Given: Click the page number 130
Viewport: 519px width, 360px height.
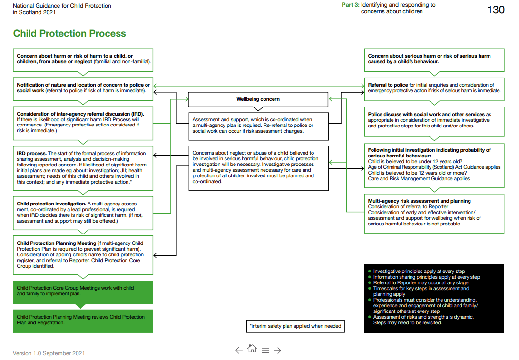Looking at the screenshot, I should point(496,10).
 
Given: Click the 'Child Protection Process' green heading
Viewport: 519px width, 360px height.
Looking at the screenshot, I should point(69,34).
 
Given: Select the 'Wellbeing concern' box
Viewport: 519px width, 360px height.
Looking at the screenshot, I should point(258,99).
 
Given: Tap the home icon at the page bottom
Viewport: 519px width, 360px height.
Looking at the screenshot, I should point(252,349).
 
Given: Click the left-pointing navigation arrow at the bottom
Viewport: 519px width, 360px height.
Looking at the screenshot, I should point(239,350).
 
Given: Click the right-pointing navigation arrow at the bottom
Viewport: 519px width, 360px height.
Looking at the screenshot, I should point(278,350).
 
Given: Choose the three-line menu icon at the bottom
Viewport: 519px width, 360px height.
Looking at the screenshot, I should point(265,350).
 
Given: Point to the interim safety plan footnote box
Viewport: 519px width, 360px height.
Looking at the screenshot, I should point(295,326).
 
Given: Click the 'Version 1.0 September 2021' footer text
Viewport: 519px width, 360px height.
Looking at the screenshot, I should point(49,353).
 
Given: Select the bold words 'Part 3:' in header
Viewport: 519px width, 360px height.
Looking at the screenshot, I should point(351,5).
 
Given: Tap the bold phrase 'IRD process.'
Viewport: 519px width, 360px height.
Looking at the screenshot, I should point(31,154).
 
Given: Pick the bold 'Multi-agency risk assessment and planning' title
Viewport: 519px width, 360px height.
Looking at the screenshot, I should point(419,201).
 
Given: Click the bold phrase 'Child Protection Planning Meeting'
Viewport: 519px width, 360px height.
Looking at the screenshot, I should point(56,243).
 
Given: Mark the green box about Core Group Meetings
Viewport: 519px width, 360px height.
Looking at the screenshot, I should point(83,292).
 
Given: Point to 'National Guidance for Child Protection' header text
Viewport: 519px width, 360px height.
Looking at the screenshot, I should point(62,6).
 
